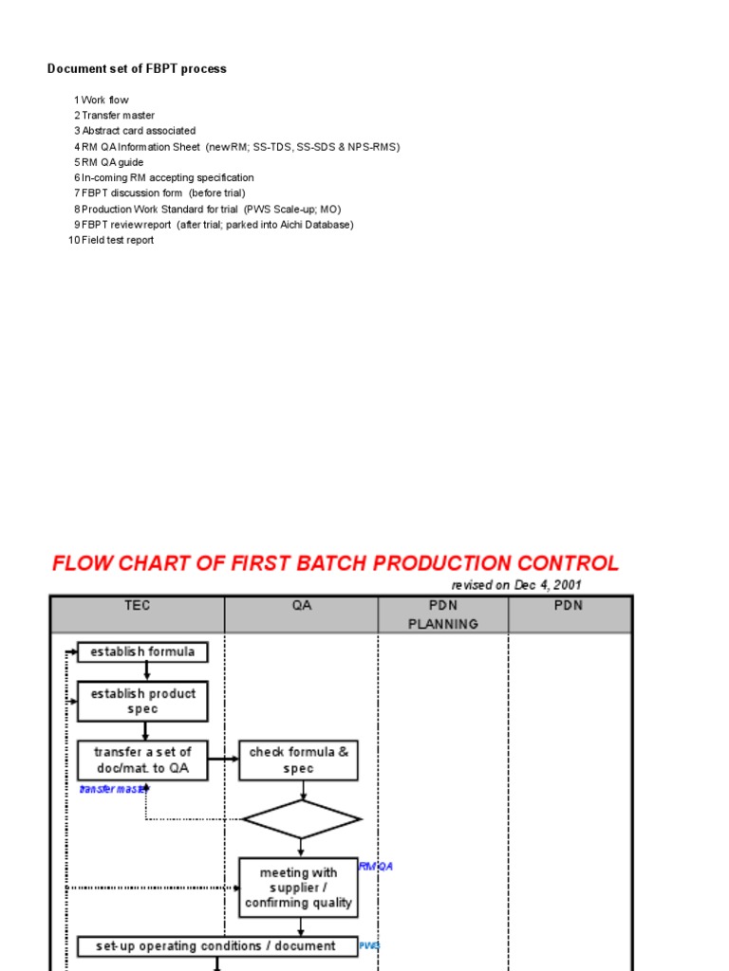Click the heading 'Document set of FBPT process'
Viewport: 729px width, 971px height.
tap(138, 69)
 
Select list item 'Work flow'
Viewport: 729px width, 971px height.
tap(104, 100)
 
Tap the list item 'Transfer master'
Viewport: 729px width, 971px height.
tap(118, 116)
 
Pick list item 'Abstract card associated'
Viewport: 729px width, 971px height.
tap(139, 131)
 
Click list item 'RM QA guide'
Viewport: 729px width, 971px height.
tap(112, 162)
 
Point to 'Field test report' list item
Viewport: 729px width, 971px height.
tap(117, 240)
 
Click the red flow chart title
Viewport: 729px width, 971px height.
tap(335, 563)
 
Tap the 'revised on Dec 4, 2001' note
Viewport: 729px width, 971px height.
tap(516, 585)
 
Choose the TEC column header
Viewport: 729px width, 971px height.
tap(138, 606)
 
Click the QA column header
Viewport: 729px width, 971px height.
tap(302, 606)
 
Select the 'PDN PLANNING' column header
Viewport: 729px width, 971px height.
tap(443, 614)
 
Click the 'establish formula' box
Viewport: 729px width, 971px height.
tap(142, 651)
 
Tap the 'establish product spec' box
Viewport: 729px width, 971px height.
tap(142, 702)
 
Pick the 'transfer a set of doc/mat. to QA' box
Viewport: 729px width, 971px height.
tap(142, 760)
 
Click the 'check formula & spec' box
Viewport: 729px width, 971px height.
tap(298, 760)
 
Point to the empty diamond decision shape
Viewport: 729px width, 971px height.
tap(302, 819)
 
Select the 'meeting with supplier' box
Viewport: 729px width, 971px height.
tap(298, 888)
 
